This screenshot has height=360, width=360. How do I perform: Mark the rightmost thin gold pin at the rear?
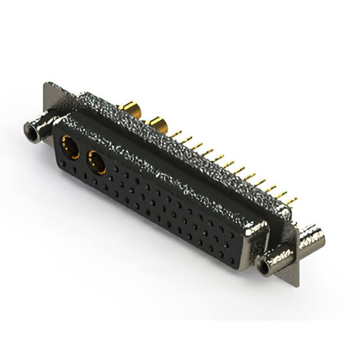click(290, 199)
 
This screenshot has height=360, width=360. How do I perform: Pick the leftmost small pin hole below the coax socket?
click(64, 164)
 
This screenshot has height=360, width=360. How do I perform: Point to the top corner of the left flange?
click(46, 84)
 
